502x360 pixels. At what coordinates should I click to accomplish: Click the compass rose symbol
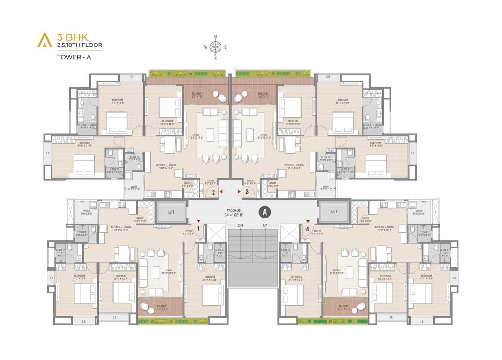215,46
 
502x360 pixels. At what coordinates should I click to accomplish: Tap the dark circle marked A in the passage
265,212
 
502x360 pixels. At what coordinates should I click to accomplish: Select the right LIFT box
334,211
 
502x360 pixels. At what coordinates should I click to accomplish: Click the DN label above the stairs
240,226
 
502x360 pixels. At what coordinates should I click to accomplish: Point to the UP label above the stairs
265,226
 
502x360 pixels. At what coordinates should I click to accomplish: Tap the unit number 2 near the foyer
213,192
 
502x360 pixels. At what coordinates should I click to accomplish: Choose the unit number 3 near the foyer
247,192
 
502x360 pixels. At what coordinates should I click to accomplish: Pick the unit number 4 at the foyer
307,229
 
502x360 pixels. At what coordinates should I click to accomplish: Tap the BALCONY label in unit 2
197,95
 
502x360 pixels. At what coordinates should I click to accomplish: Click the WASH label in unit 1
87,212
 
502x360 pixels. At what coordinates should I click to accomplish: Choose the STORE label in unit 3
273,184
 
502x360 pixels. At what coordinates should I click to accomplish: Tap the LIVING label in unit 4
337,271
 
